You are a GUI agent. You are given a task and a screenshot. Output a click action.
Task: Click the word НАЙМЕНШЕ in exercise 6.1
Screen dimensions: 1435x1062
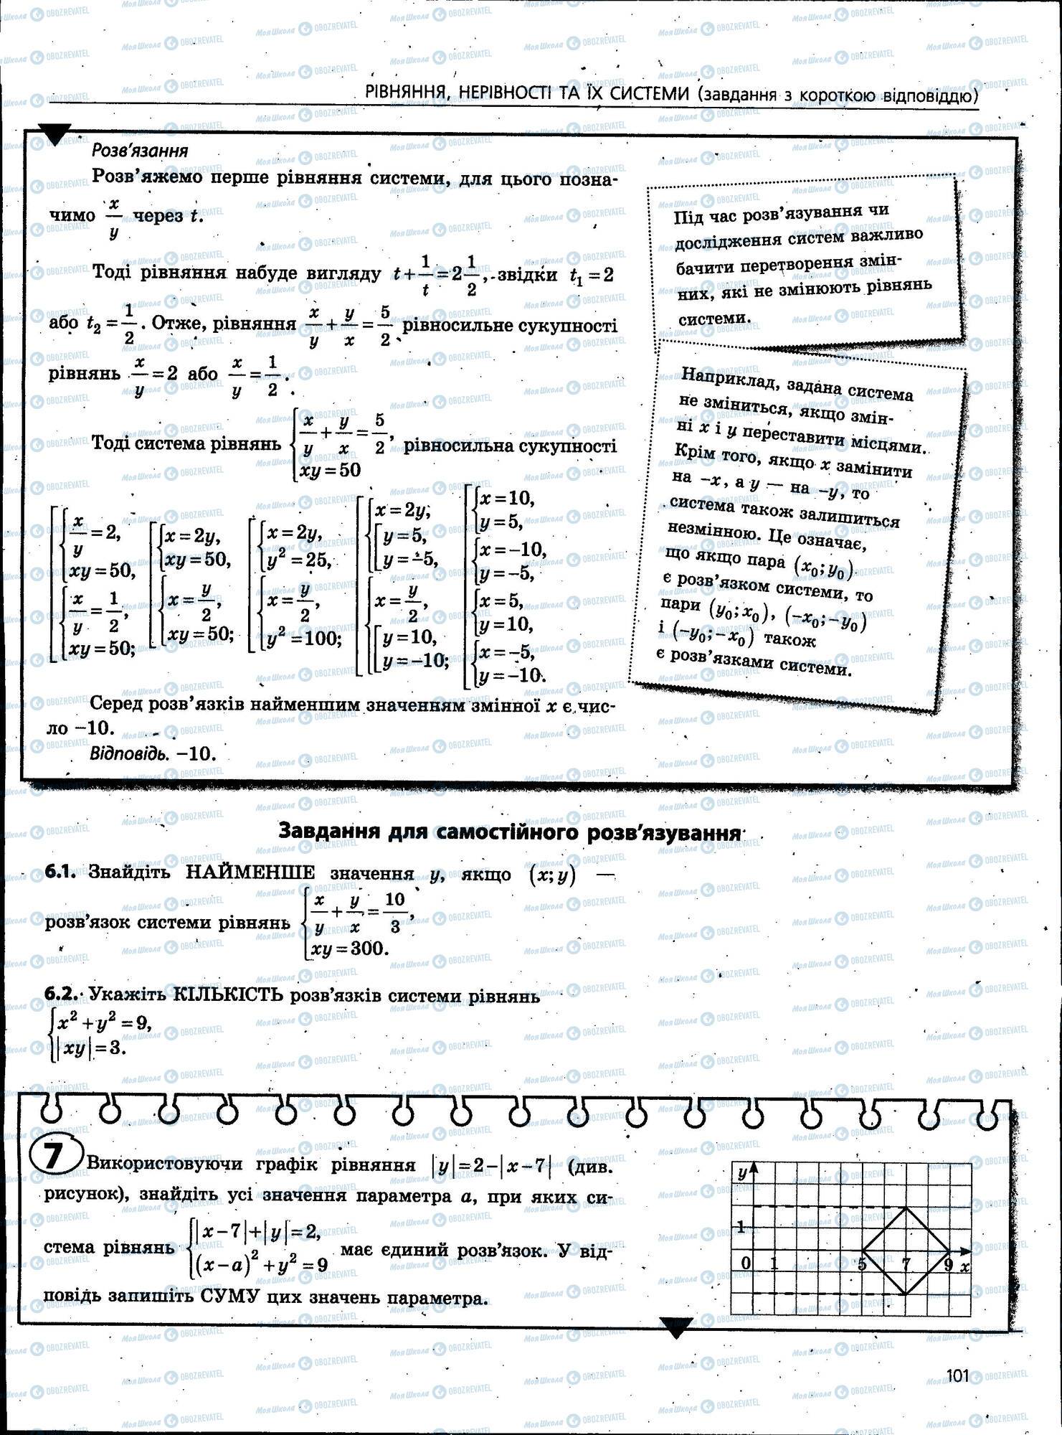click(x=250, y=872)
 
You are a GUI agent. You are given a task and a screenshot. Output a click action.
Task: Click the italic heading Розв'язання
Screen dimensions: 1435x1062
click(x=140, y=150)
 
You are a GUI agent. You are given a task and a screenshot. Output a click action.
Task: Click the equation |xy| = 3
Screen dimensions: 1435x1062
click(x=89, y=1048)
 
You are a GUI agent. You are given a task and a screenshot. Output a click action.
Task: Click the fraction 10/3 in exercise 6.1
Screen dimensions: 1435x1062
click(x=394, y=912)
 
